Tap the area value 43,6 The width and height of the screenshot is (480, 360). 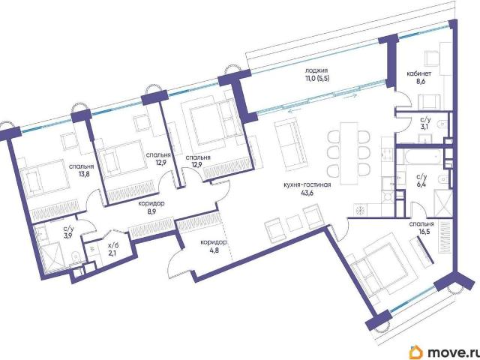307,193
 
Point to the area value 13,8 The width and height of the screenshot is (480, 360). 81,175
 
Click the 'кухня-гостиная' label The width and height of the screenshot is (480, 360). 307,185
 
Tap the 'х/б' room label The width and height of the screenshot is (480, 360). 113,245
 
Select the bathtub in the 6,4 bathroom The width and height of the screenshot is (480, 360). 418,157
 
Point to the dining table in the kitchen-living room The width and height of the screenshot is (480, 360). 349,154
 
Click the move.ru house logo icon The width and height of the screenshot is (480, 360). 415,352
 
